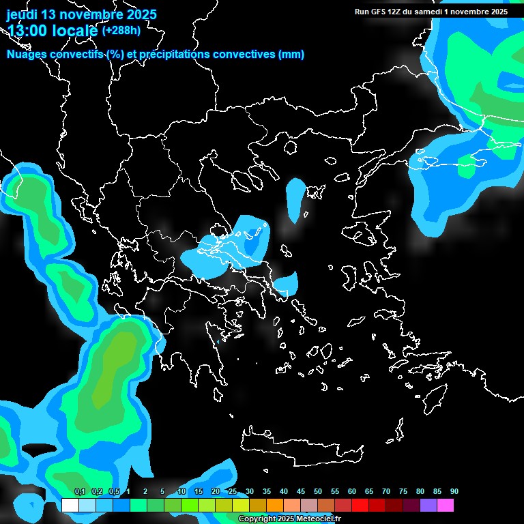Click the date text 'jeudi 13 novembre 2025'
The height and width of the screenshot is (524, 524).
pos(82,14)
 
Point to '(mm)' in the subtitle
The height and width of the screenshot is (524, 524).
pos(291,55)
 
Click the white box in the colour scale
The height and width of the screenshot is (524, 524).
pos(70,506)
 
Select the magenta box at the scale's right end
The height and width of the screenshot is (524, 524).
pos(446,506)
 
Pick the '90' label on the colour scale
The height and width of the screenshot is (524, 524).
pos(454,492)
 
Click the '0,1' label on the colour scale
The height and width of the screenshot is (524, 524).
pos(79,492)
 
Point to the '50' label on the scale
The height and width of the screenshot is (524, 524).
pos(318,492)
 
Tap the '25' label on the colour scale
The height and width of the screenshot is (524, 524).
pos(233,492)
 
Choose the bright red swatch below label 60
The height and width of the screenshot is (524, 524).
pos(360,506)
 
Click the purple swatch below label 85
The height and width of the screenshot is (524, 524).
pos(428,506)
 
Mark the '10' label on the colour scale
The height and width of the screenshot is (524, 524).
pos(181,492)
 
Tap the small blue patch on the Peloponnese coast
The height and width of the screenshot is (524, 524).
pos(218,342)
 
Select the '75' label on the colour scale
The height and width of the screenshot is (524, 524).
pos(403,492)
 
